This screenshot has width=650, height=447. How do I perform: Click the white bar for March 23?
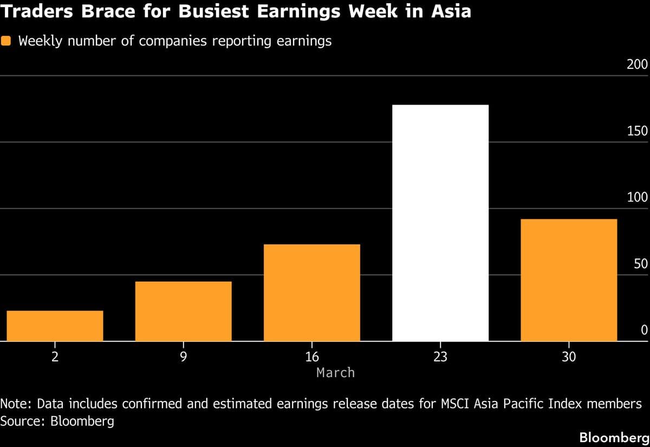(440, 223)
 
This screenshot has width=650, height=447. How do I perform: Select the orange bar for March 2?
(55, 326)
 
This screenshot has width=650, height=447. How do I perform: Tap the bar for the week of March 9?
(183, 311)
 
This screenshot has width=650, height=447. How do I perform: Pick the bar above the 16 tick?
(311, 293)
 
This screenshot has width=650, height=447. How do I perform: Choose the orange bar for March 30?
(568, 280)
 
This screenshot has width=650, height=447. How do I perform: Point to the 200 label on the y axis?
(637, 65)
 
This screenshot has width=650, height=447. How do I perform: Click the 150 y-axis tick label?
(637, 132)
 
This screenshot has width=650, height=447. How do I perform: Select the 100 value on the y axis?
(637, 198)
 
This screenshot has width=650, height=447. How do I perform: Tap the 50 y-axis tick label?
(640, 264)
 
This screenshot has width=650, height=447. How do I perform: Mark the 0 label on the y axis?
(644, 331)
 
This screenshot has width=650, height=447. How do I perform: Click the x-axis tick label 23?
(440, 357)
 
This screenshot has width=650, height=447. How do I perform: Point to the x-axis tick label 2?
(55, 357)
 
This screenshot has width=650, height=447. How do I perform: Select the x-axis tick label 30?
(568, 357)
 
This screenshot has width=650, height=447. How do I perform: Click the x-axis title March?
(335, 373)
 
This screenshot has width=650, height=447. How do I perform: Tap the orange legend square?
(6, 41)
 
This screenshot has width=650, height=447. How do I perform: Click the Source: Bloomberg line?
(57, 421)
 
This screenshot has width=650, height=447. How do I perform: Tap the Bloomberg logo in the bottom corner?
(614, 437)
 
